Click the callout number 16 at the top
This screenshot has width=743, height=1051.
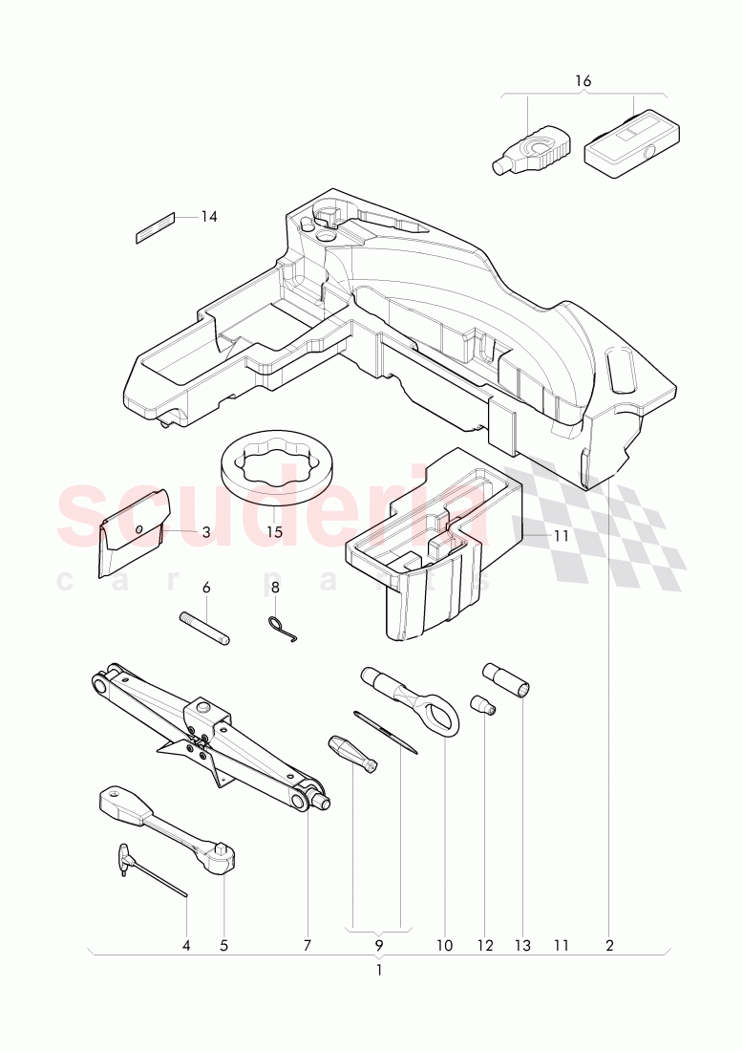point(584,81)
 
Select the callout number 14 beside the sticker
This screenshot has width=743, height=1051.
point(209,217)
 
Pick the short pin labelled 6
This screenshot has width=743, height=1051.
point(203,628)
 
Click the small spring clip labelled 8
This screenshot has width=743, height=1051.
point(280,628)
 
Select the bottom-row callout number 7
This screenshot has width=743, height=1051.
point(308,946)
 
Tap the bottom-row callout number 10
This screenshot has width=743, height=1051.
point(444,946)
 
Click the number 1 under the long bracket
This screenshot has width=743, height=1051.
point(379,969)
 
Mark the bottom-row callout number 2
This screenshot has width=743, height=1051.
point(609,946)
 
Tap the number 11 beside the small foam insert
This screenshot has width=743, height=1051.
point(561,536)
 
